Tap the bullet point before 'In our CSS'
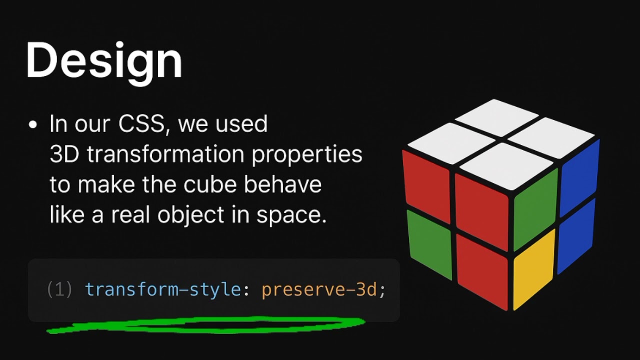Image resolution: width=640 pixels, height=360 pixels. click(33, 125)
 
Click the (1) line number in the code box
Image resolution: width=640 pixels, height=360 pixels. click(59, 289)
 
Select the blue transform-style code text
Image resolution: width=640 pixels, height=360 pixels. click(163, 289)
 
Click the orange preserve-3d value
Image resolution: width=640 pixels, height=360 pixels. click(319, 289)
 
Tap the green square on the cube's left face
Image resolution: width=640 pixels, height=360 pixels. click(429, 243)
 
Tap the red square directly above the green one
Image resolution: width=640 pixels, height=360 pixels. click(426, 178)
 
